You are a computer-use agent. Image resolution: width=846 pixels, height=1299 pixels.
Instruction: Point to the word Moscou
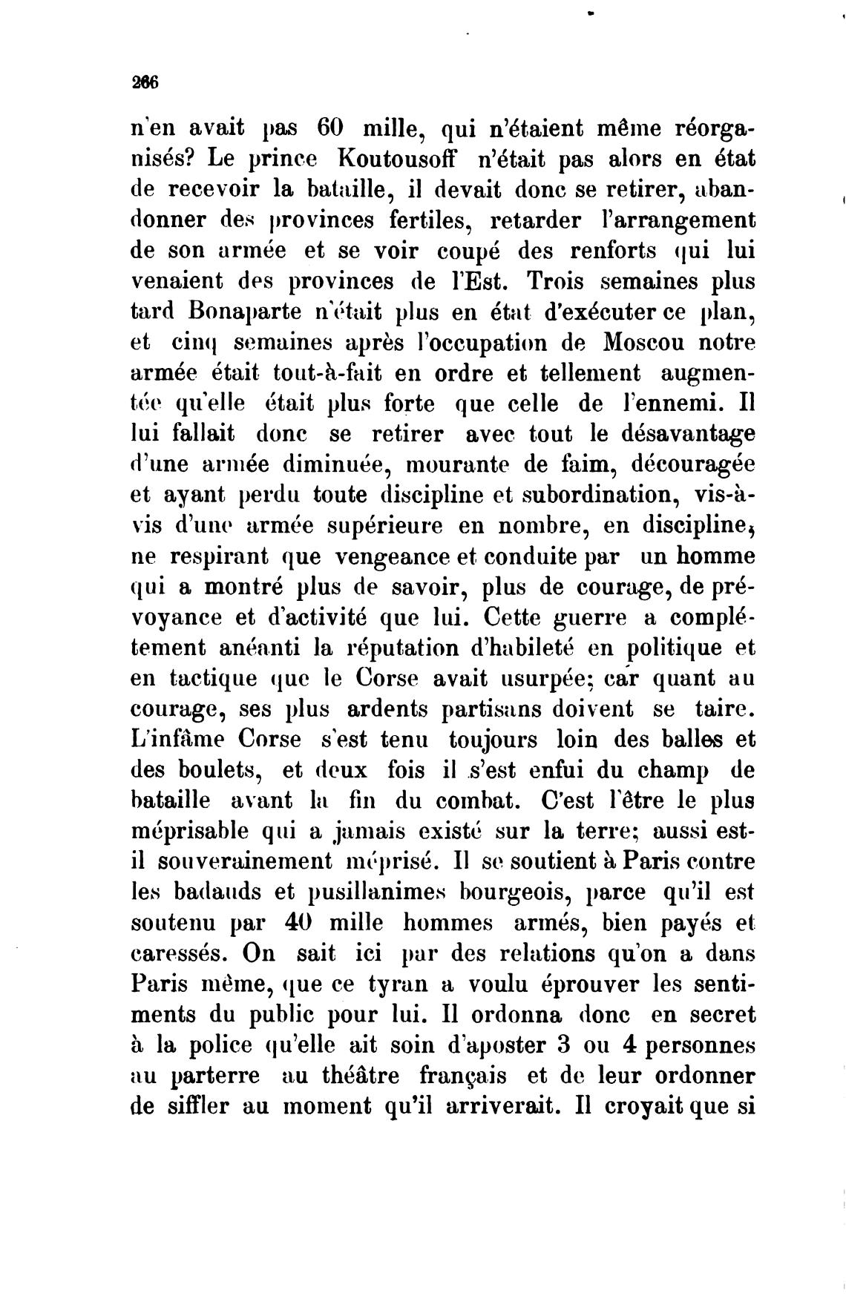pos(639,342)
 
